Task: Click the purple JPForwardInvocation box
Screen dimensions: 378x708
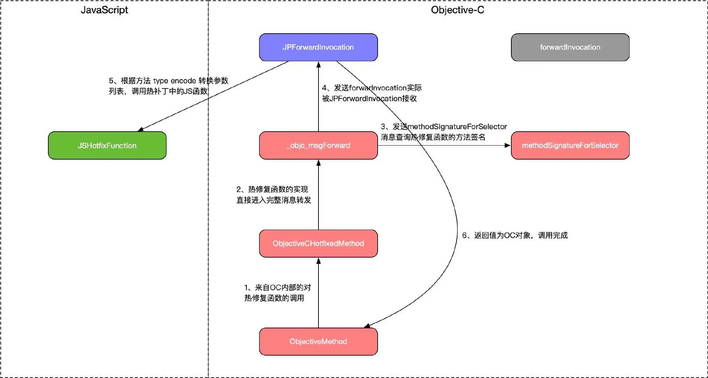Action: (x=318, y=47)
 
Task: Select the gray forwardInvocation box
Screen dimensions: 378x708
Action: (x=570, y=47)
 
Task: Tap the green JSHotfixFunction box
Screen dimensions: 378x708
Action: (x=107, y=146)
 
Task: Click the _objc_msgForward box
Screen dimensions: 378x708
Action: (x=318, y=146)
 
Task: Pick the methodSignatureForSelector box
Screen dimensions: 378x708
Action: (x=570, y=146)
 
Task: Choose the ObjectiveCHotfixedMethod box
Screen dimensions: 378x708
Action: (x=318, y=244)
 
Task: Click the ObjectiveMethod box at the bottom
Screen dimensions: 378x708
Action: (x=318, y=342)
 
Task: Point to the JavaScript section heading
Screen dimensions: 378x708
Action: (x=104, y=10)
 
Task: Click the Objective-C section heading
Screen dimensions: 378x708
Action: (x=457, y=10)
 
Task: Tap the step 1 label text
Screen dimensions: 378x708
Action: (x=277, y=293)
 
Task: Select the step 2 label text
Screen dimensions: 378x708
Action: (x=273, y=195)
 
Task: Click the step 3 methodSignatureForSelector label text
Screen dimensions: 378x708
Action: (x=443, y=132)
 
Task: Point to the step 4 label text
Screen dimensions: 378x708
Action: (x=371, y=93)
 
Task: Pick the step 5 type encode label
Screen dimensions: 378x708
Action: (x=168, y=86)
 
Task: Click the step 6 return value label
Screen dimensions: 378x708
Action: (x=514, y=236)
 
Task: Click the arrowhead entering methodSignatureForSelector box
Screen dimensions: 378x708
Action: (x=508, y=145)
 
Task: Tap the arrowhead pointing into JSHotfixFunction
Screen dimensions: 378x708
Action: (x=140, y=129)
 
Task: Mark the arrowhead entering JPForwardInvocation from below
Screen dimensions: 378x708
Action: (x=318, y=64)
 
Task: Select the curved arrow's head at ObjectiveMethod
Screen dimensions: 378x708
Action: (x=367, y=326)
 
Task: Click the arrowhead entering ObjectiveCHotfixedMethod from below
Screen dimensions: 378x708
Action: (x=318, y=261)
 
